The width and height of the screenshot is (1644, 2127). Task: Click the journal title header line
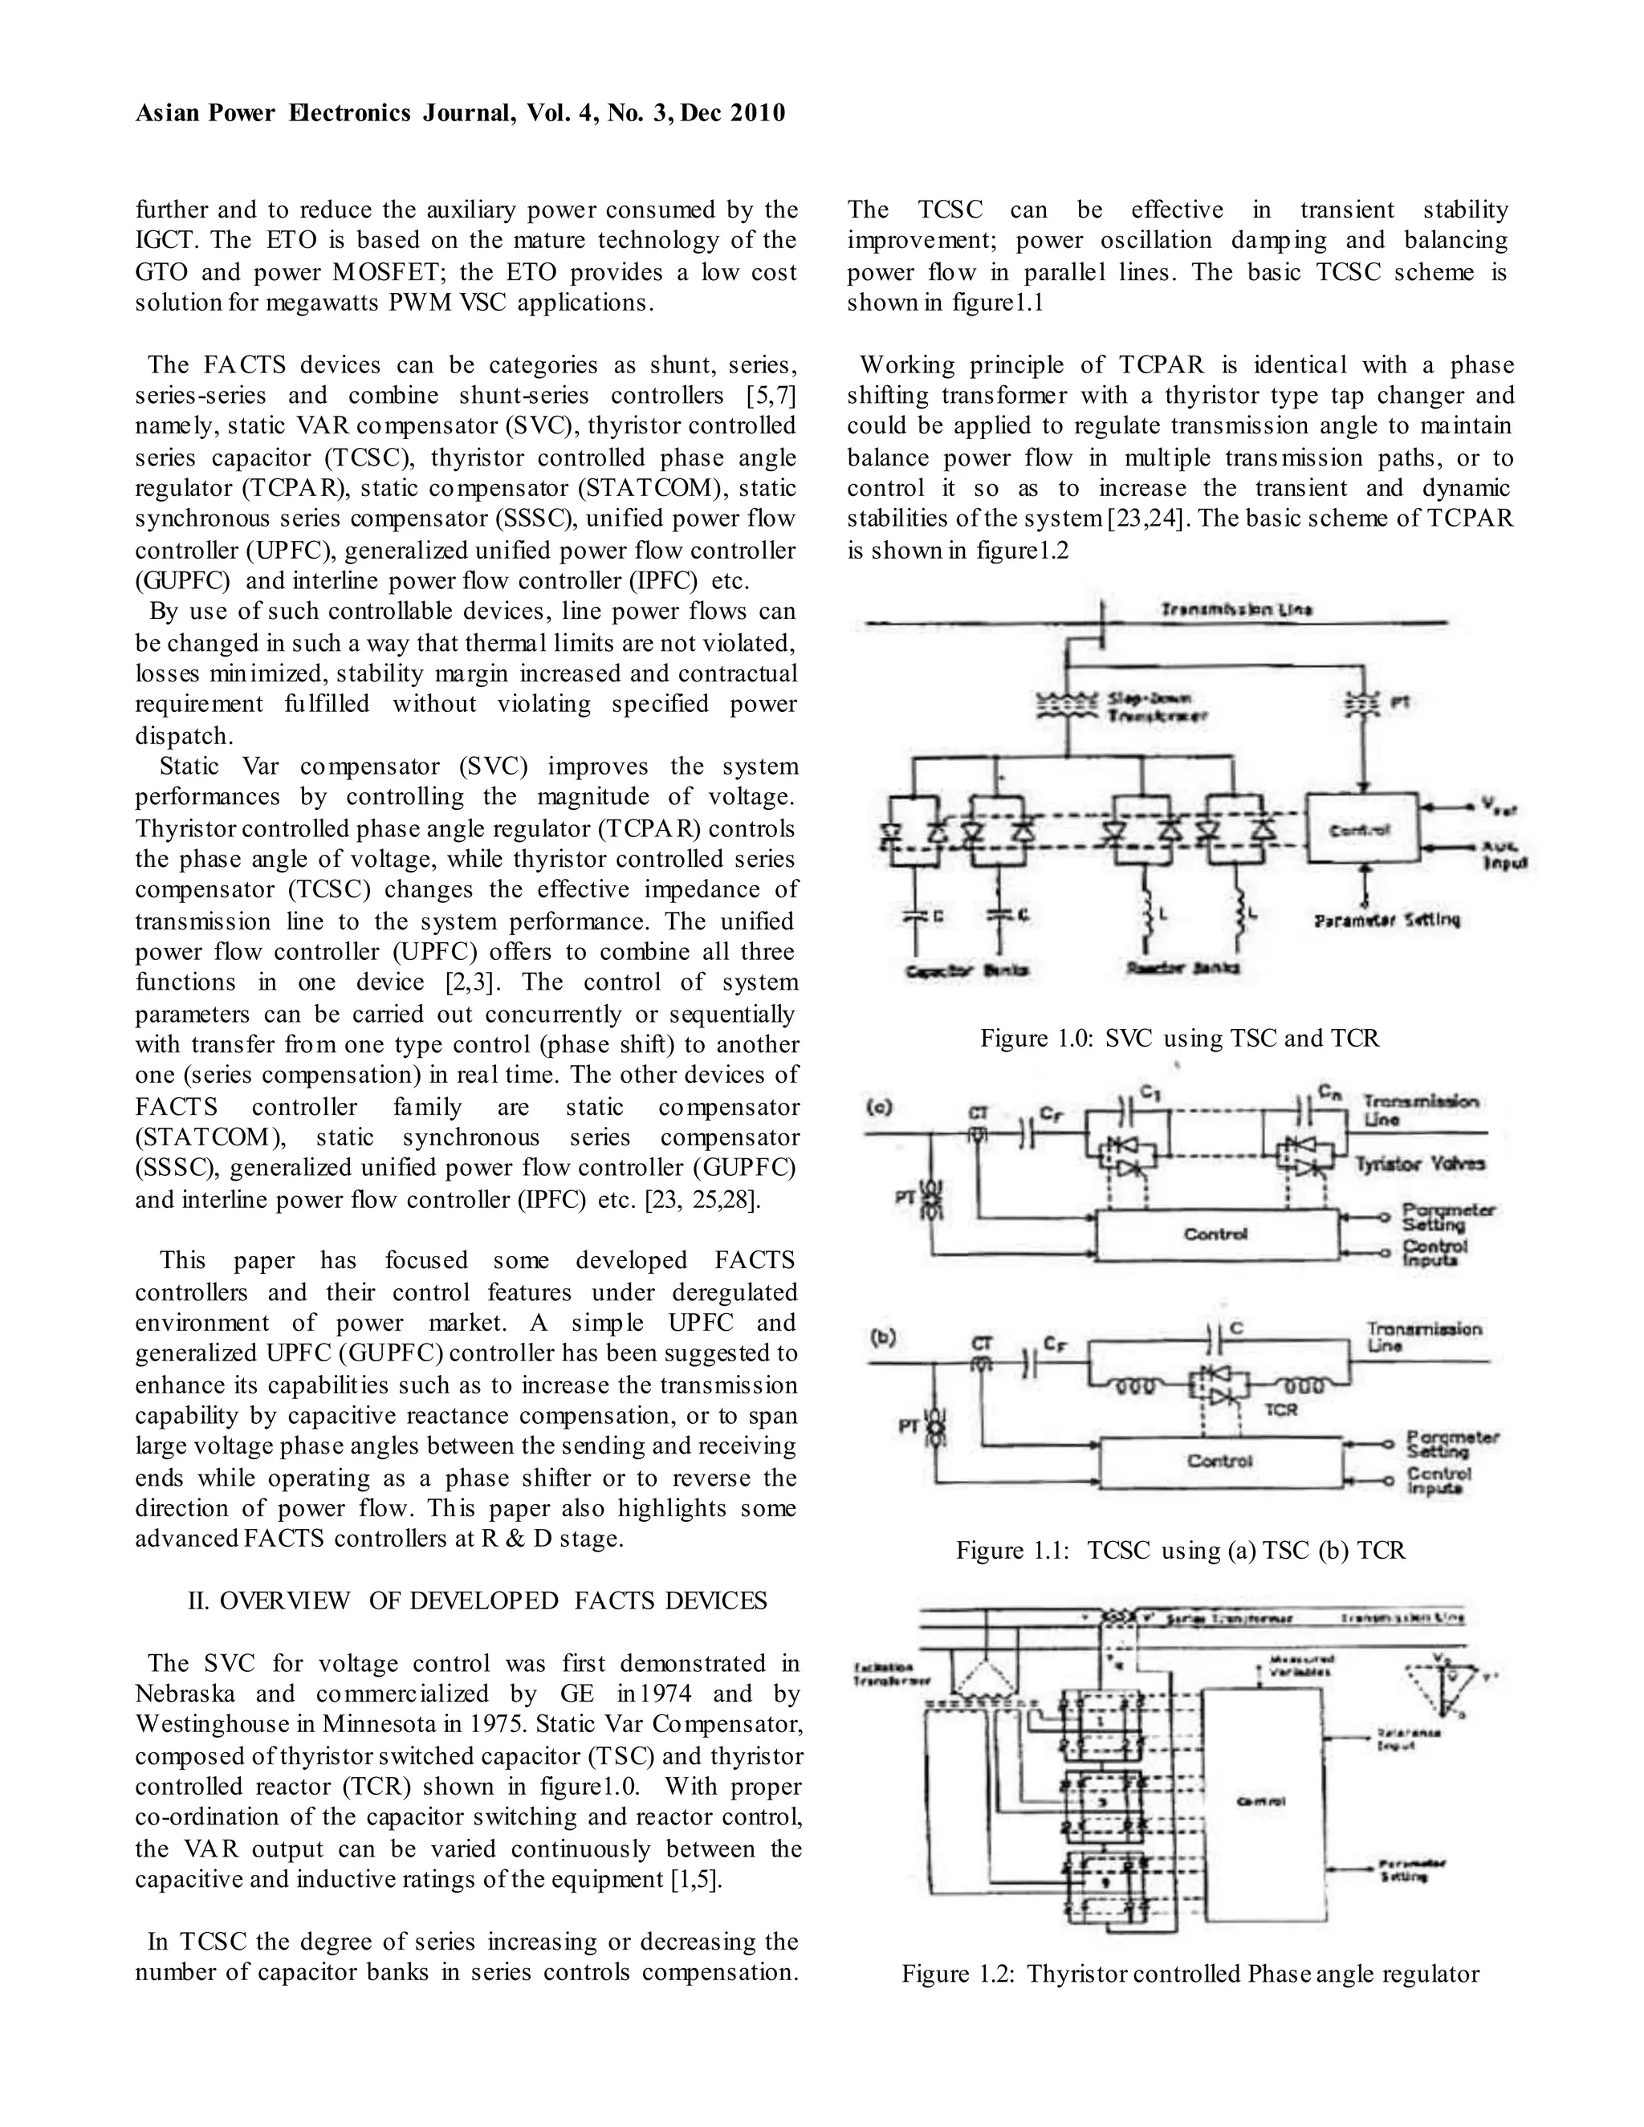[x=460, y=114]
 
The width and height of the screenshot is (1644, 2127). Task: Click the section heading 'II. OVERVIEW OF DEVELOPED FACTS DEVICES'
[x=478, y=1601]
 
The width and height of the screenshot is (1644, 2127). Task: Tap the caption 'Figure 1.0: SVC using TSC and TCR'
[x=1179, y=1038]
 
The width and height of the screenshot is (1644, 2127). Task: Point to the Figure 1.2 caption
[x=1190, y=1974]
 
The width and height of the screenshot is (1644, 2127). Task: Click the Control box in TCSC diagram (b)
[x=1219, y=1461]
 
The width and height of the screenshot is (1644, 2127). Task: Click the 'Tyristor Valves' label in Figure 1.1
[x=1420, y=1164]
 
